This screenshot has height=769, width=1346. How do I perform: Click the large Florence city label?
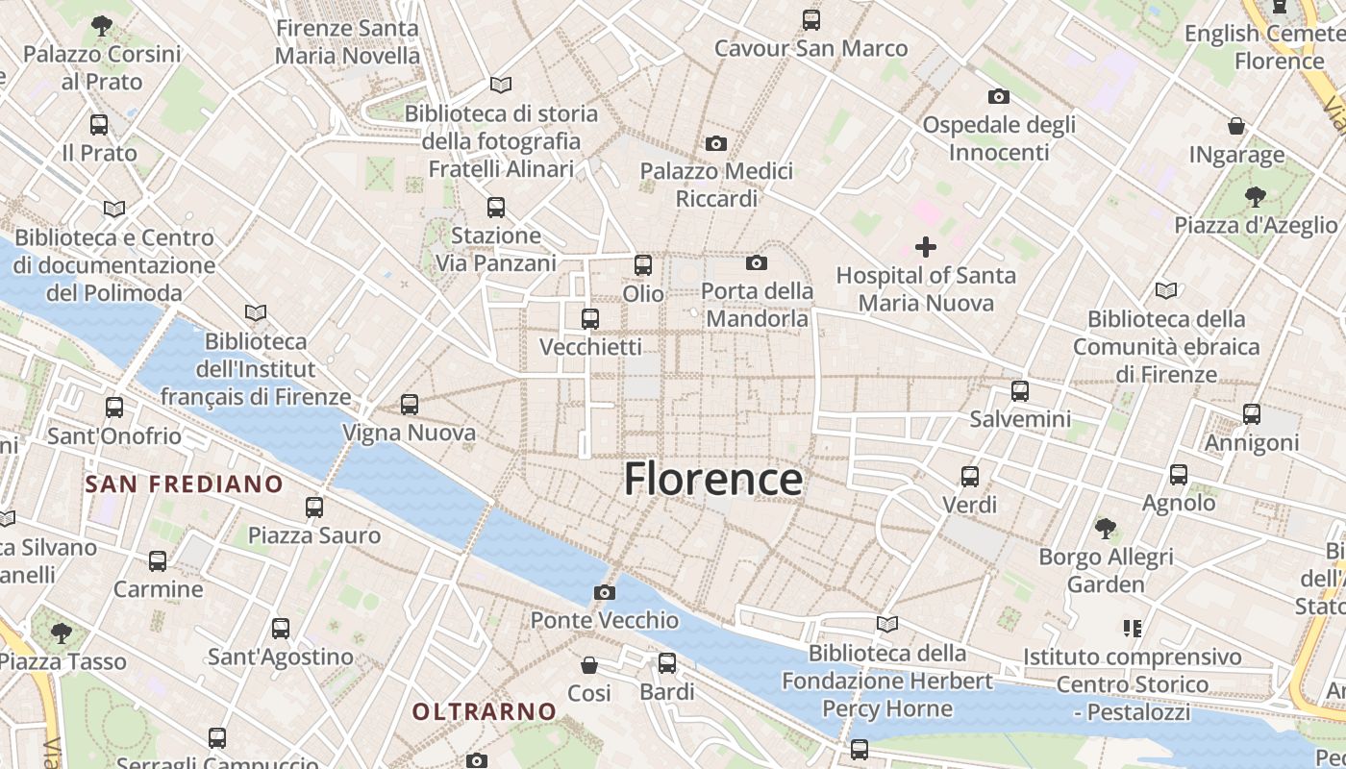[x=712, y=479]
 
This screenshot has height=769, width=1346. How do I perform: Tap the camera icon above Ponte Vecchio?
[x=605, y=592]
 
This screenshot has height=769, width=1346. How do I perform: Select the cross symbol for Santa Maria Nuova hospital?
[x=926, y=247]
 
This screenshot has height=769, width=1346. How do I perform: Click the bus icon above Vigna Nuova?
[x=410, y=405]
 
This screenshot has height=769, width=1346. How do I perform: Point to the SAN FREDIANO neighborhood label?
[x=184, y=484]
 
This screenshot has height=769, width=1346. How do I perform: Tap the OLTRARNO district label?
[x=485, y=711]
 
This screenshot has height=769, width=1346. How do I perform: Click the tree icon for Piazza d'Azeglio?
[x=1255, y=197]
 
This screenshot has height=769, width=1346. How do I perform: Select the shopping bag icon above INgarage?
[x=1236, y=126]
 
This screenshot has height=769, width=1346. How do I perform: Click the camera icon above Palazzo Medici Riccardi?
[x=716, y=143]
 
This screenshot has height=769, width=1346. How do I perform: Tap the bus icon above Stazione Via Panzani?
[x=496, y=207]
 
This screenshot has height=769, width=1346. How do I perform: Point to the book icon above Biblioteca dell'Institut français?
[x=256, y=312]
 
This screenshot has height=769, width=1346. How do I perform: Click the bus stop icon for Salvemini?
[x=1020, y=391]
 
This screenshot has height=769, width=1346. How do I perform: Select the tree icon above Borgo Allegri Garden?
[x=1106, y=528]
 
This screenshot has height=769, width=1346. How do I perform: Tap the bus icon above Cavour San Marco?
[x=811, y=19]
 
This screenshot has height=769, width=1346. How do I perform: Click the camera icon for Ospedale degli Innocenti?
[x=999, y=96]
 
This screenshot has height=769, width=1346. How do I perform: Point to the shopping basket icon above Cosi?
[x=589, y=664]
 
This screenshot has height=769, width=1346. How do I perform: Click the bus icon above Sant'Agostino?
[x=281, y=629]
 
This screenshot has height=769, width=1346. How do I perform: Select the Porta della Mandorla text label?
[x=757, y=304]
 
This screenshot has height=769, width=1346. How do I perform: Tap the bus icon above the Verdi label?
[x=970, y=476]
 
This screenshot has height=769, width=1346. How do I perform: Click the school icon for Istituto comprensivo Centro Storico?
[x=1132, y=629]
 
